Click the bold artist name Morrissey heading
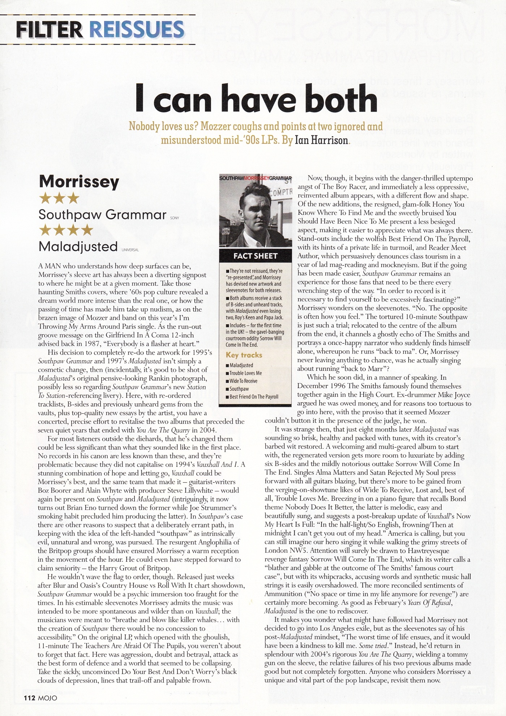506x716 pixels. [x=79, y=182]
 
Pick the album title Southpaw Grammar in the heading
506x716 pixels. [x=102, y=215]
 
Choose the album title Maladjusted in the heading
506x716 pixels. [x=78, y=247]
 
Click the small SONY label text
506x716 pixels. [x=174, y=218]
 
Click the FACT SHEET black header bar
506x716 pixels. [x=255, y=256]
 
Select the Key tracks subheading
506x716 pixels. [x=244, y=355]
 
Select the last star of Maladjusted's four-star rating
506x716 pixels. [x=87, y=230]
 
